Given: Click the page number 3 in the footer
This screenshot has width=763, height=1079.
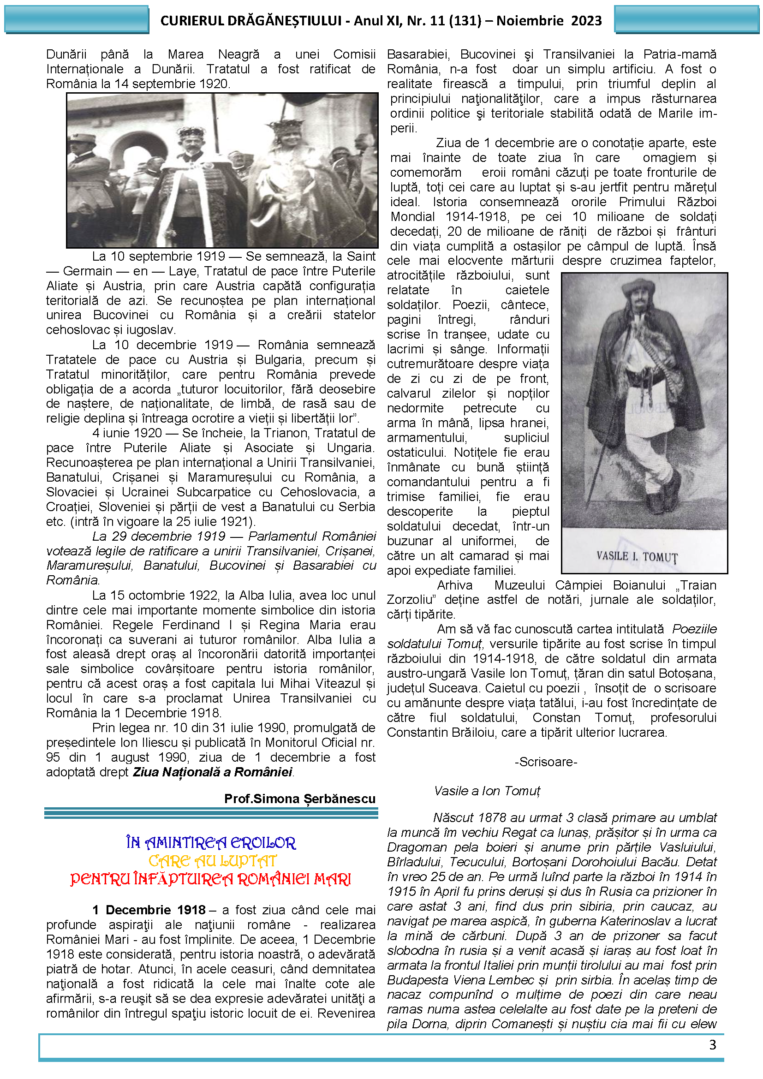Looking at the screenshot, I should (x=712, y=1044).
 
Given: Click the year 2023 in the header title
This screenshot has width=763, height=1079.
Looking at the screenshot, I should (x=586, y=21).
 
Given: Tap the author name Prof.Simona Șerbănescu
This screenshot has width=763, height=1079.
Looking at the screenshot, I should (x=300, y=799).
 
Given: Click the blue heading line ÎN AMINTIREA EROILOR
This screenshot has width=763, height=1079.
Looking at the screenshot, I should (x=211, y=843).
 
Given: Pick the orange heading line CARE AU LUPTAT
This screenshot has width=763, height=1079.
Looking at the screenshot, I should (x=212, y=861).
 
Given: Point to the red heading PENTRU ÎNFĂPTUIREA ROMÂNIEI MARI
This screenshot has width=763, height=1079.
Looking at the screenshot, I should (x=211, y=879).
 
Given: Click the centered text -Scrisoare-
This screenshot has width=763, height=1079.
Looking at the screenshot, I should (x=546, y=761).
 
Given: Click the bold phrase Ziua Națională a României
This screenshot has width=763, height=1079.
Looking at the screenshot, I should (x=212, y=772).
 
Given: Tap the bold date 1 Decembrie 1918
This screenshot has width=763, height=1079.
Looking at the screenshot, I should (x=149, y=910).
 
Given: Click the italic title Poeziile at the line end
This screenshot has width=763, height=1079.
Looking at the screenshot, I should (x=694, y=629).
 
